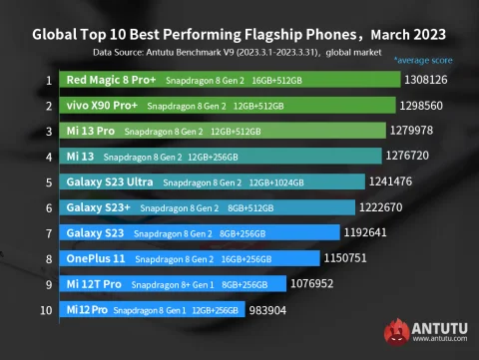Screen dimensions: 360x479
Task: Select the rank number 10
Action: pyautogui.click(x=46, y=310)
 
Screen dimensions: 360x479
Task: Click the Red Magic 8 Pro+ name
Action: pyautogui.click(x=110, y=79)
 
